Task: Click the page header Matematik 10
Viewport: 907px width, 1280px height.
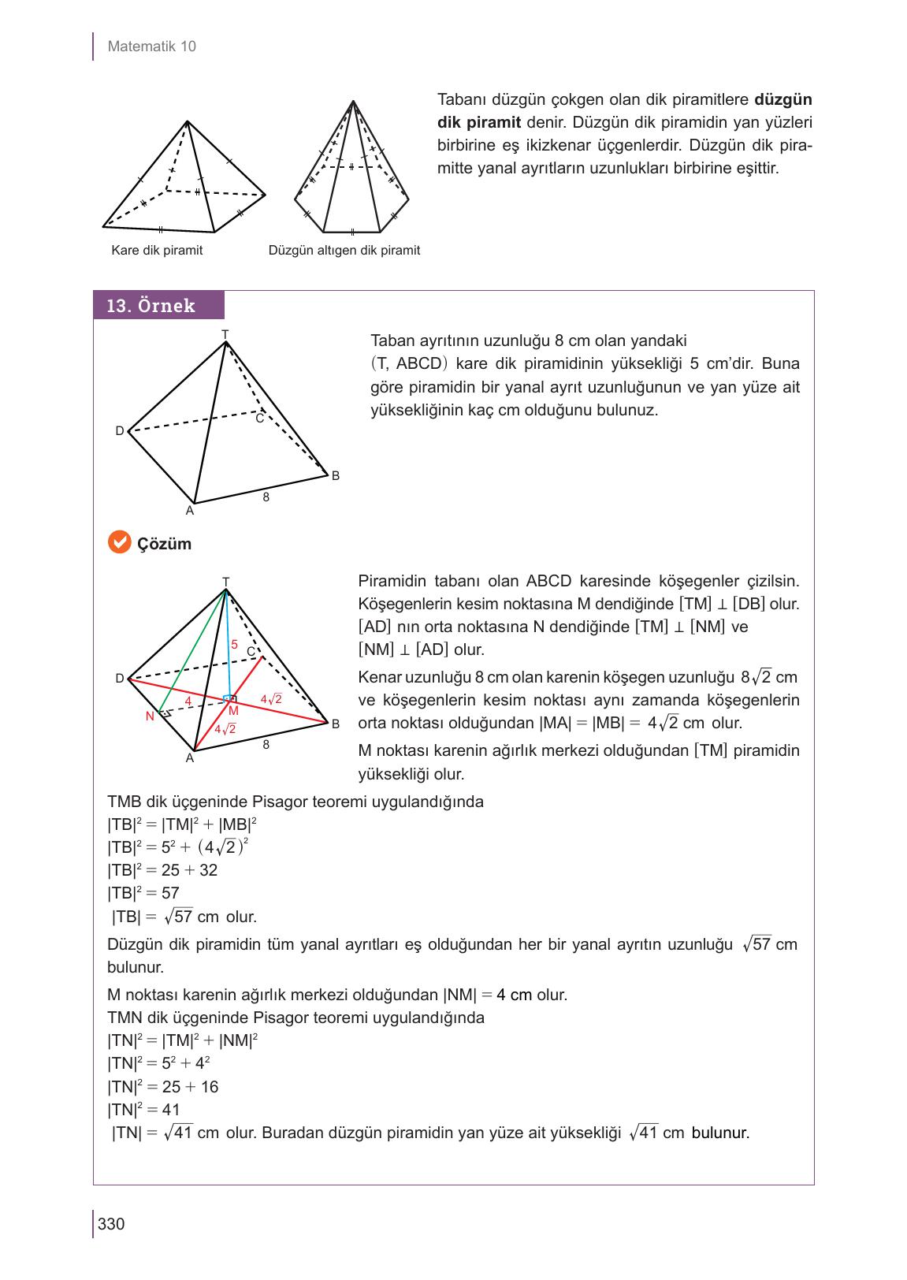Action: coord(151,47)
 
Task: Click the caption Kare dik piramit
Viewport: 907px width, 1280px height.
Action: coord(157,251)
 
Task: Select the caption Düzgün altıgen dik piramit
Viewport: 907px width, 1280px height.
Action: coord(344,251)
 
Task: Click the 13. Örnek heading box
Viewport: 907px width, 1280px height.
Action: coord(158,306)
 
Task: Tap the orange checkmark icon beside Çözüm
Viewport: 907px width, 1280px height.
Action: coord(118,543)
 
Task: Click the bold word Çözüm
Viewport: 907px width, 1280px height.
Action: coord(164,545)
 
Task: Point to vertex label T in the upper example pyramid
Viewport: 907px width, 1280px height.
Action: coord(225,335)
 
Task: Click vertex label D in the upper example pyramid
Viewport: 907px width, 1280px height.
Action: coord(119,431)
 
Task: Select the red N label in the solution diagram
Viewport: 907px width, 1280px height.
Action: coord(149,716)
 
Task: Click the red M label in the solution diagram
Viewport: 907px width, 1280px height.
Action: coord(233,710)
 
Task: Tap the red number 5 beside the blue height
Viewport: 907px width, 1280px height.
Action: coord(234,644)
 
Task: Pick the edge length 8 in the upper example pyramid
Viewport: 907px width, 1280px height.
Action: coord(266,497)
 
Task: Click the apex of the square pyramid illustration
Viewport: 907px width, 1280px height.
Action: coord(187,121)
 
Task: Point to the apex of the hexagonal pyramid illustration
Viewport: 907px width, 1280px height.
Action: coord(353,101)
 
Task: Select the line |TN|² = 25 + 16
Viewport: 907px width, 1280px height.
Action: coord(162,1087)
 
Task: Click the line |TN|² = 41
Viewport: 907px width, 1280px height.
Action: coord(143,1110)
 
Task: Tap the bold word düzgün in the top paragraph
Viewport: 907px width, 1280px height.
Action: coord(782,100)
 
